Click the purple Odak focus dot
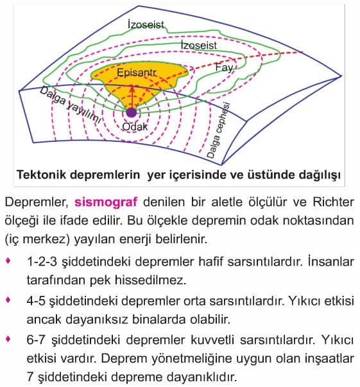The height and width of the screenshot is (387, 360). (132, 112)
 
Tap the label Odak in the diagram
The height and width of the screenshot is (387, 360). (135, 127)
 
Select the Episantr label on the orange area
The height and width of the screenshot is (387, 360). (137, 73)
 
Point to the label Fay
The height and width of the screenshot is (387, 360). (224, 67)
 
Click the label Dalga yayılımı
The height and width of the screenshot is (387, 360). (71, 105)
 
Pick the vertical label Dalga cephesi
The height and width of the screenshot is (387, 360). (218, 130)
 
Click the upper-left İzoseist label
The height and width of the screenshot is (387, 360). (146, 24)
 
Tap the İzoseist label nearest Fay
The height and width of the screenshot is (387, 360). (199, 45)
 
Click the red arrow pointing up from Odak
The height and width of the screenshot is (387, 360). (132, 98)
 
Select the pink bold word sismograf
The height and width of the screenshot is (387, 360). (106, 202)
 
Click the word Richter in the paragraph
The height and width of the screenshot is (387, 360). (333, 202)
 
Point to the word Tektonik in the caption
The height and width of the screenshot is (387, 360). (42, 175)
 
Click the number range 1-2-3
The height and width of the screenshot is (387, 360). (42, 262)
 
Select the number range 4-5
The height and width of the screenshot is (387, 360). (36, 301)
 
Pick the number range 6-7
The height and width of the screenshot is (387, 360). (36, 340)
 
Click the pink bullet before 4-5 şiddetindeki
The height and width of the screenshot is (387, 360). (8, 300)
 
